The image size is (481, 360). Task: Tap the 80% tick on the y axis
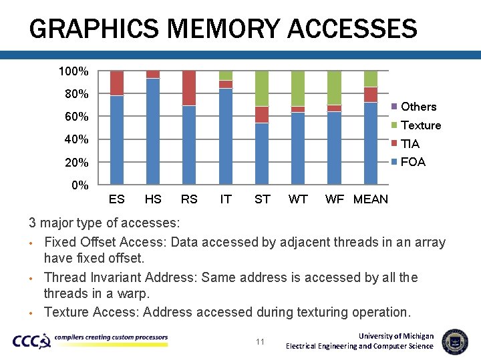[x=76, y=94]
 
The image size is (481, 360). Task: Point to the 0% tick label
[x=79, y=185]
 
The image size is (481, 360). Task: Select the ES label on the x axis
[x=116, y=199]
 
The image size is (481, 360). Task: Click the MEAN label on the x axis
[x=370, y=199]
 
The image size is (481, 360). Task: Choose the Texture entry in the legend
[x=420, y=125]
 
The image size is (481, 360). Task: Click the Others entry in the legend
[x=418, y=107]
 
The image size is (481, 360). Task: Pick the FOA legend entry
[x=412, y=162]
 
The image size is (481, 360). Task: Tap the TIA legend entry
[x=410, y=144]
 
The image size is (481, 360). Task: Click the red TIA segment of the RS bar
[x=189, y=88]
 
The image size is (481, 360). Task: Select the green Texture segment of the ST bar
[x=262, y=88]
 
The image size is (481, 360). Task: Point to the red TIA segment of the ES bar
[x=117, y=83]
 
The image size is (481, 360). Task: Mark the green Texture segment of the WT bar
[x=298, y=88]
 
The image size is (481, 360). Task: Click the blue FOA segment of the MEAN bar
[x=371, y=143]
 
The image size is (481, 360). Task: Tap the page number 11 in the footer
[x=261, y=342]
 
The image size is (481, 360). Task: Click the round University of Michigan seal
[x=455, y=341]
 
